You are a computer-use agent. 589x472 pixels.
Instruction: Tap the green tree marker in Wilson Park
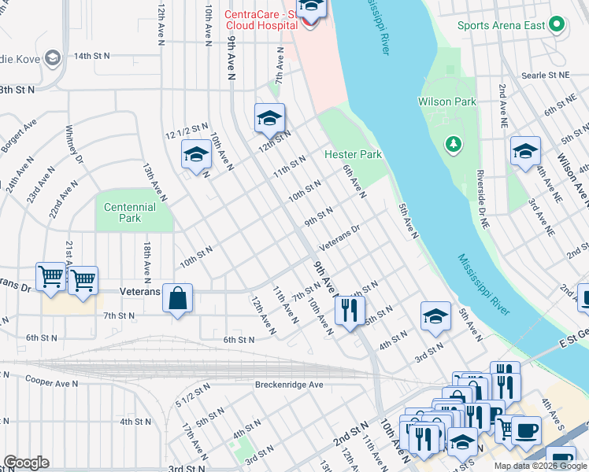click(453, 143)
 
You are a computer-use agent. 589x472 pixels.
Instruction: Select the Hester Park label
click(353, 154)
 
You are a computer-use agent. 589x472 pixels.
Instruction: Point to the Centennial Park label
click(130, 212)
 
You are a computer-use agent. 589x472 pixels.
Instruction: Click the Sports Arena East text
click(502, 25)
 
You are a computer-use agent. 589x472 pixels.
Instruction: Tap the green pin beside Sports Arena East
click(557, 24)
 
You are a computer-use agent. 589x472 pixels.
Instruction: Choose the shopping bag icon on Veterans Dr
click(178, 299)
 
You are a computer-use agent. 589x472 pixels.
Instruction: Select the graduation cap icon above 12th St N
click(269, 118)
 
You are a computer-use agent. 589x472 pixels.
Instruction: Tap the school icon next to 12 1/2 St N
click(196, 154)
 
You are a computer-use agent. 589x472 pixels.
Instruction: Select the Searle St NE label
click(545, 75)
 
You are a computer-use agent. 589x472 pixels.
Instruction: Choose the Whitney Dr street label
click(75, 143)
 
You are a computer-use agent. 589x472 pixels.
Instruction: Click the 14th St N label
click(92, 57)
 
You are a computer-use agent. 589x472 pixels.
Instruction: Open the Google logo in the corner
click(26, 463)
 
